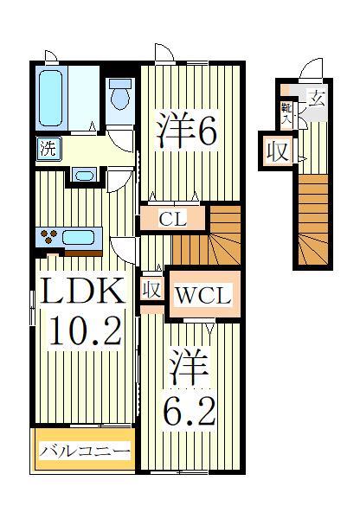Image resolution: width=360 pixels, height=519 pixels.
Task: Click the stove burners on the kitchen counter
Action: tap(48, 235)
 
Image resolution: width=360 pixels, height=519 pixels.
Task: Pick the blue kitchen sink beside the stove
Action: tap(80, 237)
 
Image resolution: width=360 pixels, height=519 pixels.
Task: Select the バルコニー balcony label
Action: tap(84, 451)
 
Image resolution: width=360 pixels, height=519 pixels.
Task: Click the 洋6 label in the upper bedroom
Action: tap(184, 131)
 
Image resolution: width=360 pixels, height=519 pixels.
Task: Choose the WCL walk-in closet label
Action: tap(202, 296)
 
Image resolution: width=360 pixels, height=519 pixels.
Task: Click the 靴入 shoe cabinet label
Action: tap(286, 111)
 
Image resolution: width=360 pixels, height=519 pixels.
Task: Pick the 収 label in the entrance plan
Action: tap(277, 152)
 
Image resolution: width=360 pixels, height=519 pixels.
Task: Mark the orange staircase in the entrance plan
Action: tap(315, 221)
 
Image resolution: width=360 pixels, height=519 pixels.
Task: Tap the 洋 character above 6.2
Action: tap(188, 367)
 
